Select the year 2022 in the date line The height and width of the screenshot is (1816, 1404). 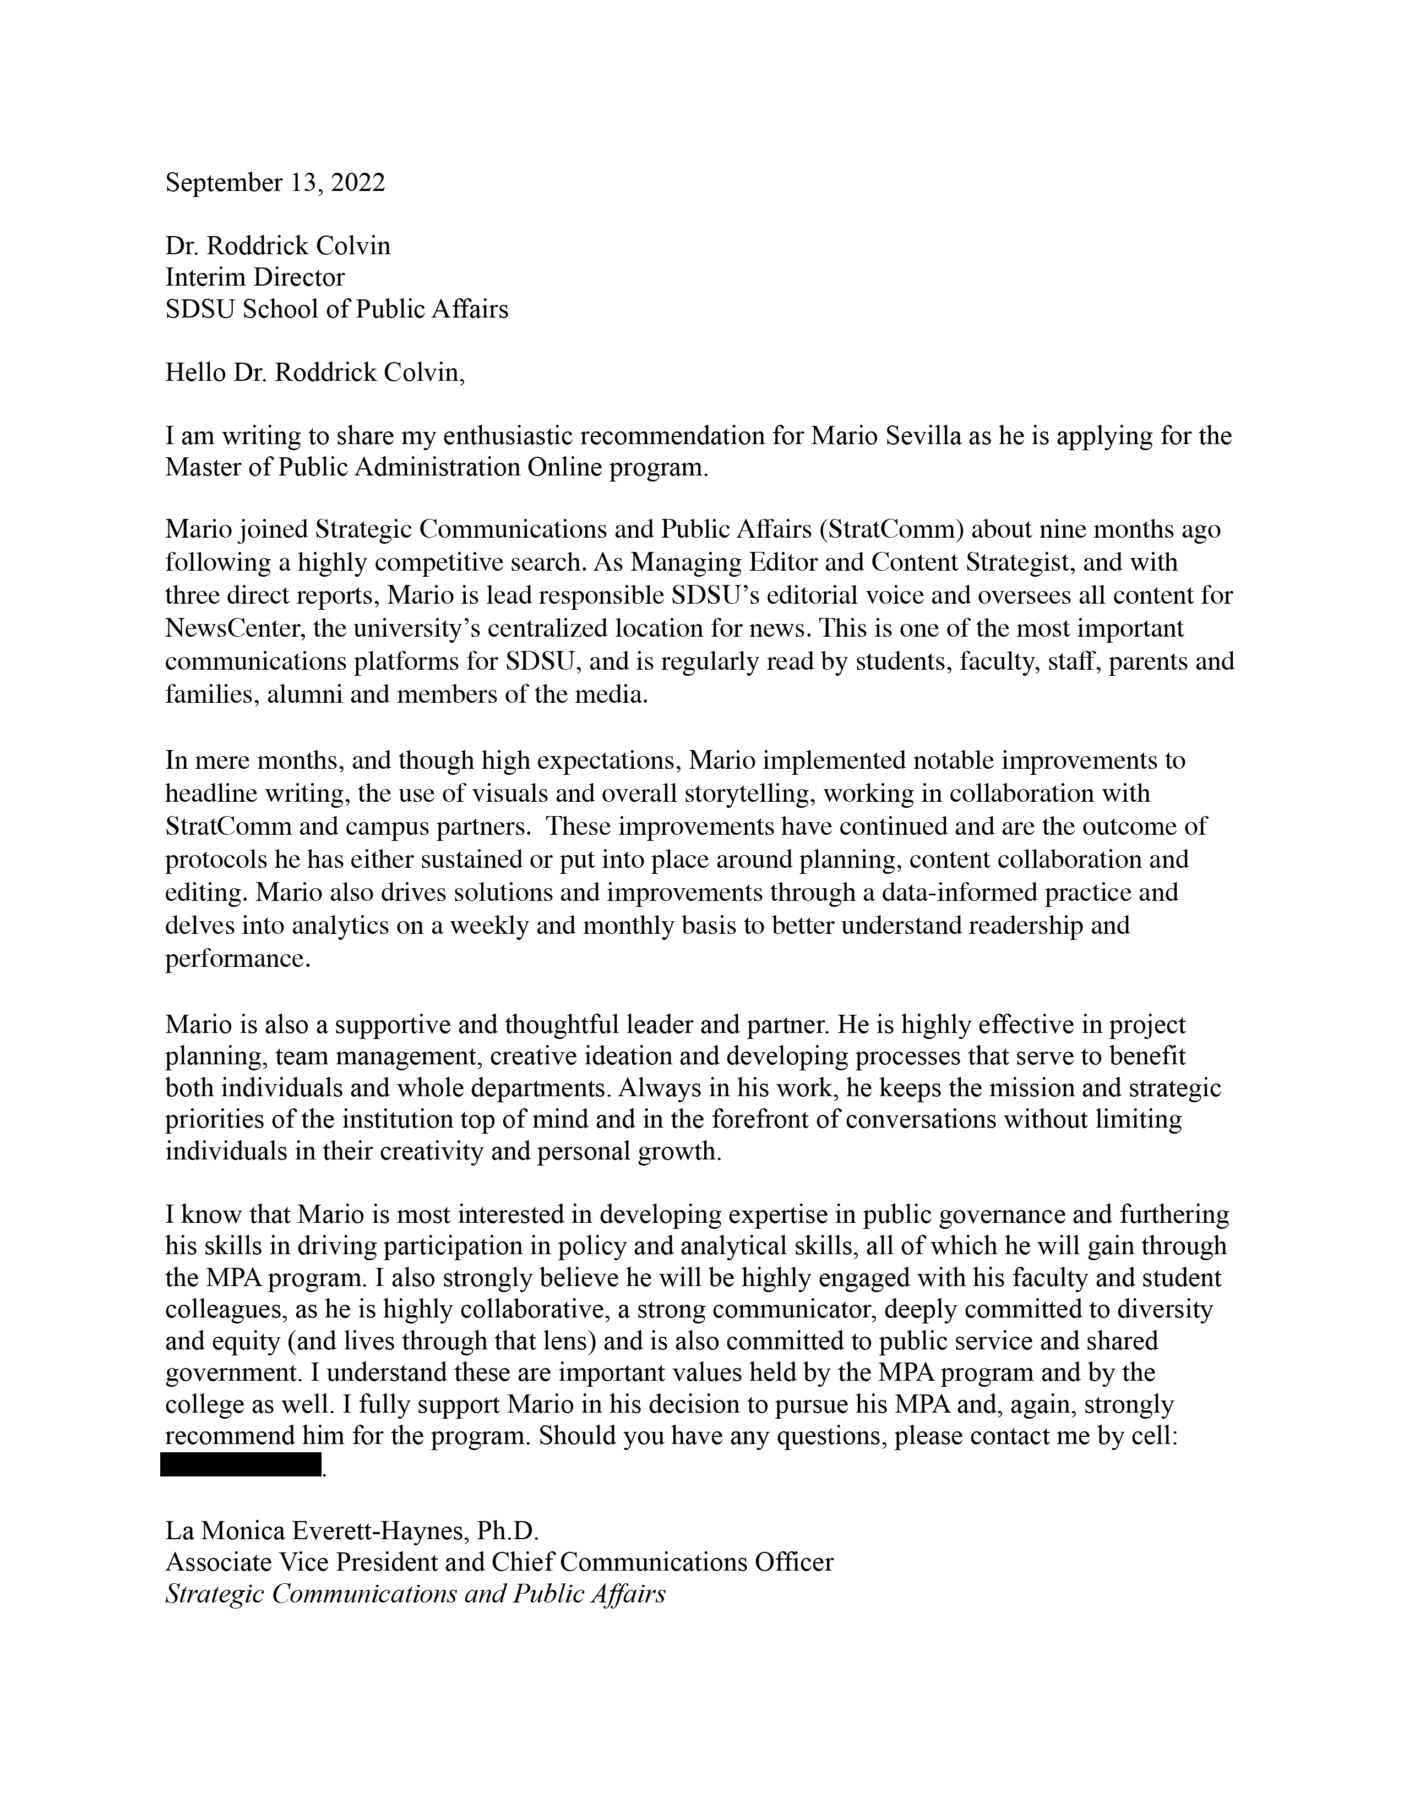[358, 183]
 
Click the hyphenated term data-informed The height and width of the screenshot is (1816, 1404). [953, 892]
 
